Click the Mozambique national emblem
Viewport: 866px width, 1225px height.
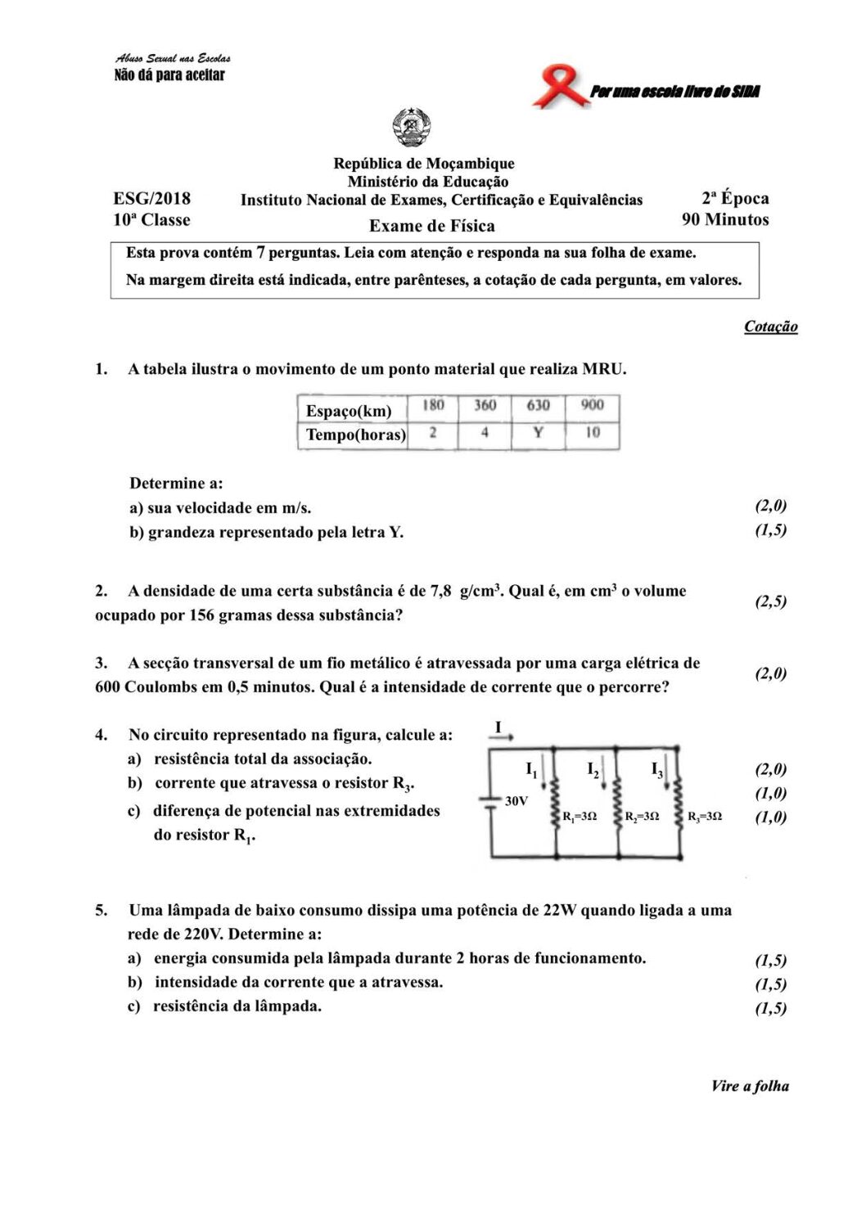click(412, 129)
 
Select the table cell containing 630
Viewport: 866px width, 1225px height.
click(538, 406)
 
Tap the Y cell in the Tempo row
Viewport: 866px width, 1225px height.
click(538, 433)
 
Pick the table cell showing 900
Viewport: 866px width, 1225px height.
click(593, 406)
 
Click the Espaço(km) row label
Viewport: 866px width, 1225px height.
click(349, 411)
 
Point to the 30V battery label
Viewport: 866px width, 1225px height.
click(516, 801)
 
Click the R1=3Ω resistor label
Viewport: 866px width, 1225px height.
click(580, 817)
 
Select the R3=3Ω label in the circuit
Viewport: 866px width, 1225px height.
click(705, 817)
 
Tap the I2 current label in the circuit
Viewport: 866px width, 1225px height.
click(593, 769)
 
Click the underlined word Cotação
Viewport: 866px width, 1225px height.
click(770, 327)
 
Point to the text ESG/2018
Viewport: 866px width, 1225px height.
click(151, 198)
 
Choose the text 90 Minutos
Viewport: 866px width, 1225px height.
click(725, 219)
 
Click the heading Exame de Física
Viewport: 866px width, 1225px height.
click(431, 226)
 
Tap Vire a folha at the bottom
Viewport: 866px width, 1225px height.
click(750, 1086)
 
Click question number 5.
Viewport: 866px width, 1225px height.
click(101, 910)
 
